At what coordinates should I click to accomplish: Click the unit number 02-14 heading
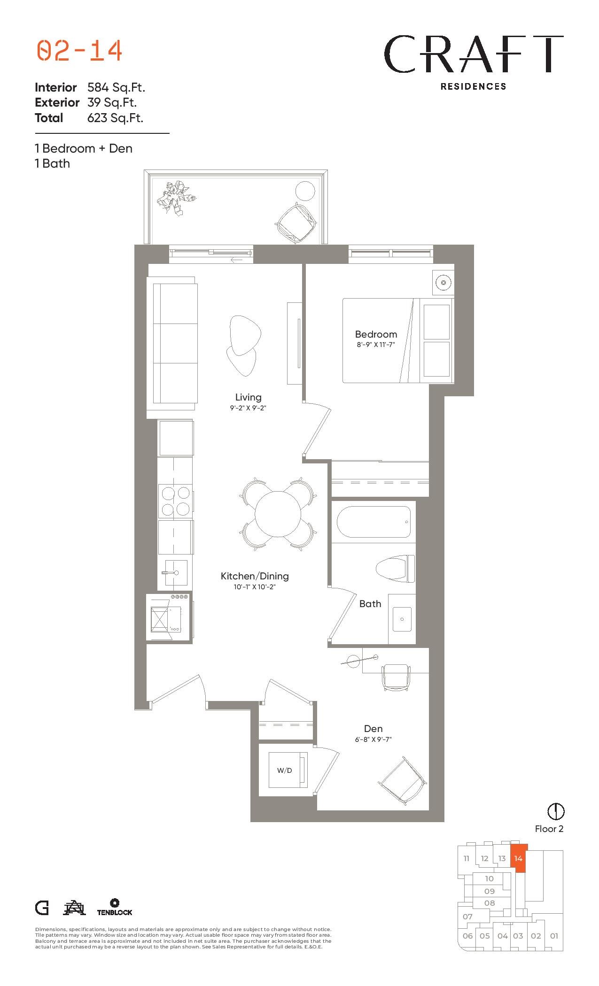[79, 51]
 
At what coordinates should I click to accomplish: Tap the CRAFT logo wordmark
[474, 54]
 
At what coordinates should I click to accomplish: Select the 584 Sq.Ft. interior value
[116, 87]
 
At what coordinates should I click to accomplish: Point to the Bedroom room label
[376, 334]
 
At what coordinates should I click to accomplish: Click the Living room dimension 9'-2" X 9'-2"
[248, 408]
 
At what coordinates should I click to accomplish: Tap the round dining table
[278, 514]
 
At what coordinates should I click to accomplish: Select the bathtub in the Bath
[373, 522]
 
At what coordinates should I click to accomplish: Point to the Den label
[373, 729]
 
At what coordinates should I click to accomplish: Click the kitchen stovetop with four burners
[175, 501]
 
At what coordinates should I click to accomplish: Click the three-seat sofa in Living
[172, 343]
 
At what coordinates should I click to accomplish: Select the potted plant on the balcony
[175, 198]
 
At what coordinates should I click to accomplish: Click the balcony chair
[296, 223]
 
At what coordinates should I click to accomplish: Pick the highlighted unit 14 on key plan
[519, 858]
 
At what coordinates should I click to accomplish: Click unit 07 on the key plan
[467, 917]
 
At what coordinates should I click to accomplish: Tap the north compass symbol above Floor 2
[556, 811]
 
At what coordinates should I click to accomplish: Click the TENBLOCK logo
[115, 907]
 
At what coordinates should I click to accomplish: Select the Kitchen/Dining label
[255, 576]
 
